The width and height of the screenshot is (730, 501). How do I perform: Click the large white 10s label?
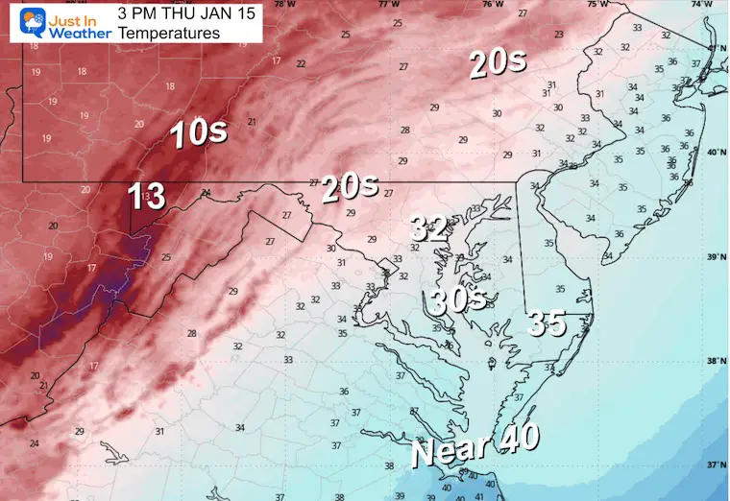pyautogui.click(x=199, y=132)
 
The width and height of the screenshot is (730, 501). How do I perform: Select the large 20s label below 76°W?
pyautogui.click(x=498, y=63)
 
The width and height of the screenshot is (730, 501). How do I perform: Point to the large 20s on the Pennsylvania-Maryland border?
pyautogui.click(x=350, y=187)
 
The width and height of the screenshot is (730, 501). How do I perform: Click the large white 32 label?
pyautogui.click(x=429, y=227)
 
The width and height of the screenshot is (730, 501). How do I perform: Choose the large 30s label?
pyautogui.click(x=456, y=300)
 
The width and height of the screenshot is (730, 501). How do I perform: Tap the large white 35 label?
pyautogui.click(x=546, y=323)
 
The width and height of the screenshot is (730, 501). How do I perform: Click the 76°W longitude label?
pyautogui.click(x=493, y=5)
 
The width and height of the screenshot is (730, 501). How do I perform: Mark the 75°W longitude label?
pyautogui.click(x=597, y=5)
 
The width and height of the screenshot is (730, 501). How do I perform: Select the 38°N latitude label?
pyautogui.click(x=716, y=362)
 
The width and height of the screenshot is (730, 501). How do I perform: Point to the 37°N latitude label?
pyautogui.click(x=716, y=465)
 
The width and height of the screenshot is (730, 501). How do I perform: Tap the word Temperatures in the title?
pyautogui.click(x=169, y=34)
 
